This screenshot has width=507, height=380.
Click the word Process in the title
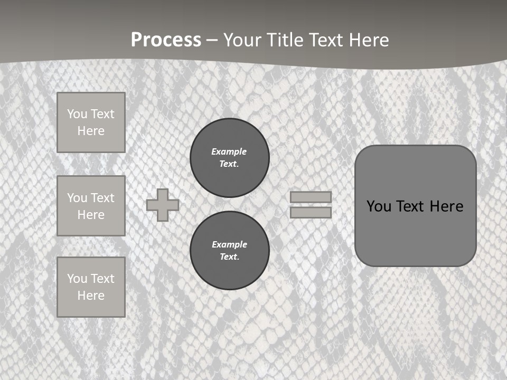coord(166,40)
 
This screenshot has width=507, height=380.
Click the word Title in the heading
coord(284,40)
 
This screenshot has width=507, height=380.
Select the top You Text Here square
coord(91,122)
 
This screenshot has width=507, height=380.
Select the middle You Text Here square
coord(91,206)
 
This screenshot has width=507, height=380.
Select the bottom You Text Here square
coord(91,287)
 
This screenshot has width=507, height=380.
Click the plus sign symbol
coord(163,205)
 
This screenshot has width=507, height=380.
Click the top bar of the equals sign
coord(311,197)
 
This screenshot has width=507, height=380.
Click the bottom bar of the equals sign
coord(311,212)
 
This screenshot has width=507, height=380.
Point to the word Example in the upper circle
coord(229,151)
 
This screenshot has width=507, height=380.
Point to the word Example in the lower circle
coord(229,244)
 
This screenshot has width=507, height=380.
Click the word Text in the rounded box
coord(410,206)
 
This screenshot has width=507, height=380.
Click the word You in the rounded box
coord(378,206)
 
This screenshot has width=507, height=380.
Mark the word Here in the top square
coord(91,131)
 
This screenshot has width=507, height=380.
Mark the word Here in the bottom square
coord(91,296)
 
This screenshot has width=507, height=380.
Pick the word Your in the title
coord(243,40)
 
